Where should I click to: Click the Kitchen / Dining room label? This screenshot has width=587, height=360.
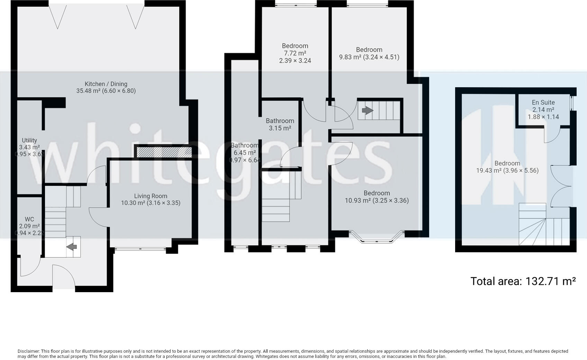pyautogui.click(x=106, y=87)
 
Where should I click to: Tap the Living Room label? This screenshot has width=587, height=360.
pyautogui.click(x=151, y=199)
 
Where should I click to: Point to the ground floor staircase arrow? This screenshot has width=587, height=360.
pyautogui.click(x=72, y=247)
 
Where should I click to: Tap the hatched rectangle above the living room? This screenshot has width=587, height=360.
pyautogui.click(x=164, y=152)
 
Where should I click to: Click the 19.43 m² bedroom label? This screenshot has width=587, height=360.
pyautogui.click(x=507, y=167)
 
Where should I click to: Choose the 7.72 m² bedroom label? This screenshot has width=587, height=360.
pyautogui.click(x=295, y=53)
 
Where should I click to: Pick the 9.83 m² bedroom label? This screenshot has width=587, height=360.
pyautogui.click(x=369, y=53)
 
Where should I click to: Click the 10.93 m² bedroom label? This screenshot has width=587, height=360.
pyautogui.click(x=377, y=197)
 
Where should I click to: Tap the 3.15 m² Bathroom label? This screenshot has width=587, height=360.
pyautogui.click(x=280, y=124)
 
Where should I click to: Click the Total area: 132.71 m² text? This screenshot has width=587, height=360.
pyautogui.click(x=523, y=281)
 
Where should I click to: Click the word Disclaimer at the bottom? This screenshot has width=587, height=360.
pyautogui.click(x=29, y=351)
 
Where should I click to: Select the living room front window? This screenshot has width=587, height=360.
pyautogui.click(x=140, y=248)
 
